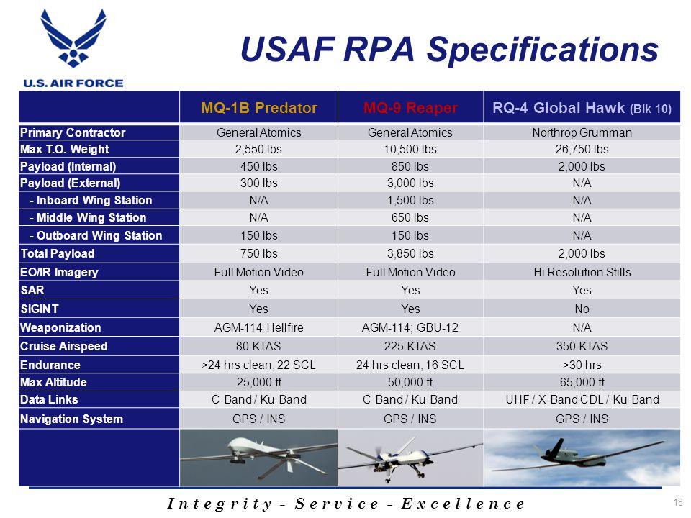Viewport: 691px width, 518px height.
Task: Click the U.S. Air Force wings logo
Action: [73, 38]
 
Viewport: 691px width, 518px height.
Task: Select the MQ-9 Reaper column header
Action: [410, 108]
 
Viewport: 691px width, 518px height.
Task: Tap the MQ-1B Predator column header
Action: [259, 108]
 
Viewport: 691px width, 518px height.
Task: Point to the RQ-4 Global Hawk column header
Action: [582, 108]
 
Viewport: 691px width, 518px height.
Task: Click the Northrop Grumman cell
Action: [582, 132]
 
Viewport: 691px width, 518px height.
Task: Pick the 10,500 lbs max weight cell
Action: [410, 150]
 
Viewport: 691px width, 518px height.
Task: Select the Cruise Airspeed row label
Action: [64, 346]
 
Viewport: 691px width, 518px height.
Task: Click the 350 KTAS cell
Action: [582, 346]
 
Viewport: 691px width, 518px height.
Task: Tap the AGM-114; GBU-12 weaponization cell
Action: [410, 328]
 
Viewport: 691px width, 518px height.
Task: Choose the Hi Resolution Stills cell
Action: [582, 272]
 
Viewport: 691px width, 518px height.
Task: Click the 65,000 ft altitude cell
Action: [582, 382]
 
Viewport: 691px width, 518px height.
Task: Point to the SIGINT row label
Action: [40, 309]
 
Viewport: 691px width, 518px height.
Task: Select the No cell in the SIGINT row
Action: [582, 309]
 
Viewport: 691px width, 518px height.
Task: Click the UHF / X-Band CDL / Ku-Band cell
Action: [582, 399]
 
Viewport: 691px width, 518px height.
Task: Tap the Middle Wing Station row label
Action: [88, 217]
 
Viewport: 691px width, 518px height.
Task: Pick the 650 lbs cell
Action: [410, 217]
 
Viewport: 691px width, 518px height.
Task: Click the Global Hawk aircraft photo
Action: [582, 458]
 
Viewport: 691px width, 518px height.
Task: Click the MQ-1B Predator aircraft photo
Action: [258, 458]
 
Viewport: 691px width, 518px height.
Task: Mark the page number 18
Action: [678, 502]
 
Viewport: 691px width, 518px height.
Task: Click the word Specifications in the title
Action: [543, 50]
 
